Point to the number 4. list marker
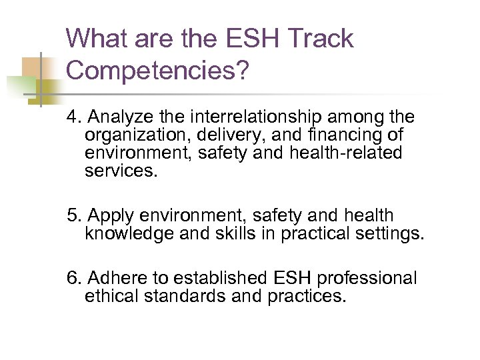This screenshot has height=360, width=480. click(x=74, y=117)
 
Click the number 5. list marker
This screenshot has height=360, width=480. click(x=74, y=216)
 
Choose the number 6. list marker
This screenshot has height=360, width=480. click(x=74, y=277)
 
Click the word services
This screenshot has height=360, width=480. click(x=122, y=171)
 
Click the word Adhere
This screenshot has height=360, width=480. click(x=113, y=277)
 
